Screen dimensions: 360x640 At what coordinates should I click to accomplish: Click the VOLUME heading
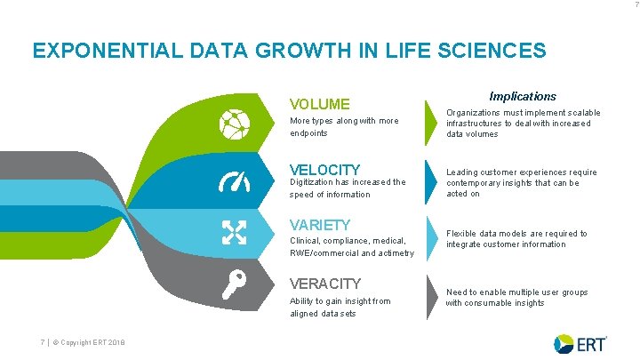tap(320, 104)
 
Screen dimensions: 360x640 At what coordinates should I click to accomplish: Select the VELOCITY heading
tap(325, 169)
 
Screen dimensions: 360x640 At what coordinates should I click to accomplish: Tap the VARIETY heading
tap(321, 225)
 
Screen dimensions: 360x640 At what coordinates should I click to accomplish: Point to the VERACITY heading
tap(325, 284)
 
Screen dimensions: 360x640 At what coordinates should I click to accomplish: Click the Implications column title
tap(523, 96)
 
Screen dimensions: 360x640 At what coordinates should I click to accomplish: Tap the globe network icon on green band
tap(235, 124)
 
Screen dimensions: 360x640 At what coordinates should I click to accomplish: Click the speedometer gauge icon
tap(235, 180)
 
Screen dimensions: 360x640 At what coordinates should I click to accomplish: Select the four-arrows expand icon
tap(235, 234)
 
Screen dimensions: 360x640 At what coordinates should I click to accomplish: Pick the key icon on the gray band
tap(234, 285)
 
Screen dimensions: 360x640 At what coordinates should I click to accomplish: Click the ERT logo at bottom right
tap(580, 343)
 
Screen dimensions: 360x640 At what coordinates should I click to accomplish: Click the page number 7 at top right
tap(634, 5)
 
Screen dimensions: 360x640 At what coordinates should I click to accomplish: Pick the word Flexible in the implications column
tap(460, 234)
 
